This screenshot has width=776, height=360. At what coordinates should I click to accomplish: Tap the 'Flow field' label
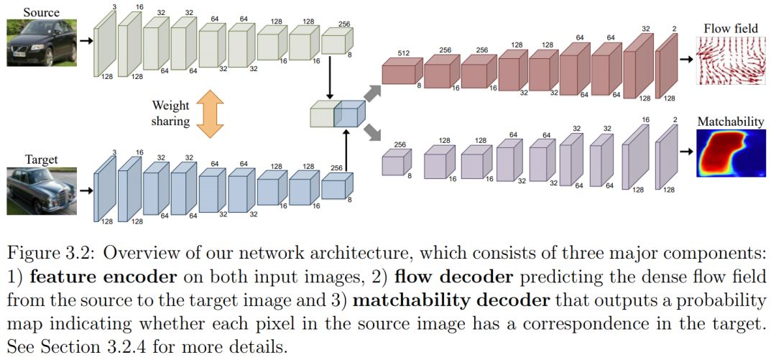point(728,29)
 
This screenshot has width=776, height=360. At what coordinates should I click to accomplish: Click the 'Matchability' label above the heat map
point(730,121)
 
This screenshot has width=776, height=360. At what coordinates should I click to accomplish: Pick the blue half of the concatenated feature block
point(350,113)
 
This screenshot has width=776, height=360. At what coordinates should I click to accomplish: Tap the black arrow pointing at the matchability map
point(687,152)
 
